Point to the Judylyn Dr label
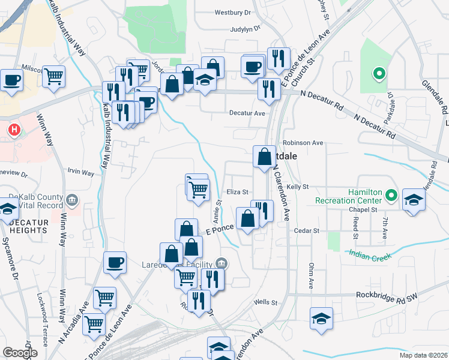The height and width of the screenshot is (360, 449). pos(245,28)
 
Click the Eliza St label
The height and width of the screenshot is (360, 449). pos(238,192)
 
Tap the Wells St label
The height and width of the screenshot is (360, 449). pos(265,302)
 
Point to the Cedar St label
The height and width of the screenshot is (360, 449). pos(306,230)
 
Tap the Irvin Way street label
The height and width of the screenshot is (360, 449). pos(80,173)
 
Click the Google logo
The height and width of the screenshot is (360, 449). pos(19,353)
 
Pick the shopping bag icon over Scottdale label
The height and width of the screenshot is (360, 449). pos(264,158)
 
